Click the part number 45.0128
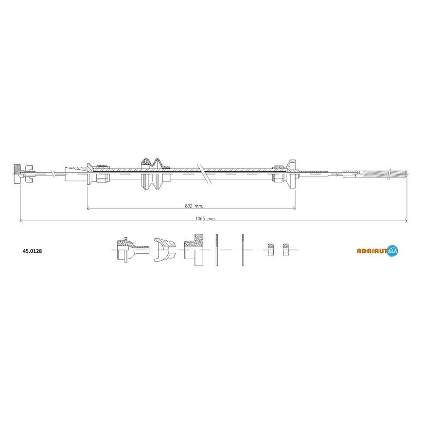click(x=32, y=251)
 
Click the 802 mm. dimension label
click(x=194, y=206)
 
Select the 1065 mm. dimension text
click(x=205, y=218)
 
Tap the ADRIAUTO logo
click(x=377, y=250)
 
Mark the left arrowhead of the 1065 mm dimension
click(x=21, y=221)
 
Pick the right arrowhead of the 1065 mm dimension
click(x=405, y=221)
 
